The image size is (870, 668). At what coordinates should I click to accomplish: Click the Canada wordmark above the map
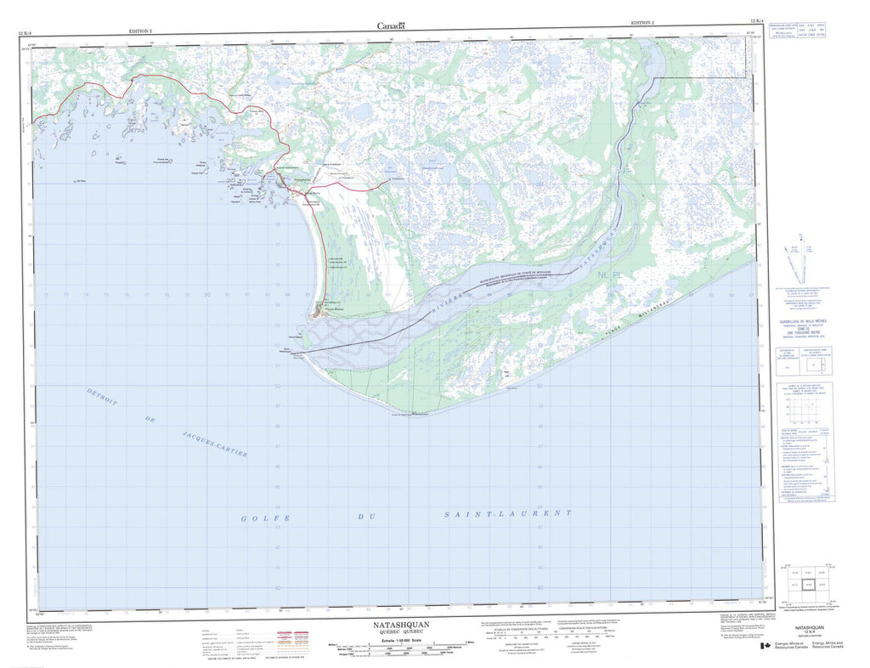coord(392,26)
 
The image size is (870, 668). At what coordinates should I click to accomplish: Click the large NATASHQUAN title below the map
coord(395,625)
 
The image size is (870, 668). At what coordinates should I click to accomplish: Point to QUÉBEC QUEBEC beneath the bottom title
coord(395,632)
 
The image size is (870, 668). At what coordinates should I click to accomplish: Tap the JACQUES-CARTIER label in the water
coord(215,444)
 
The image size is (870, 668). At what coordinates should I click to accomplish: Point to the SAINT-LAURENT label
coord(509,514)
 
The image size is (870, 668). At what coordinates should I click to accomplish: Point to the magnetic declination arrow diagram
coord(798,259)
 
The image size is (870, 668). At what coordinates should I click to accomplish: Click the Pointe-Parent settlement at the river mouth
coord(322,309)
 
